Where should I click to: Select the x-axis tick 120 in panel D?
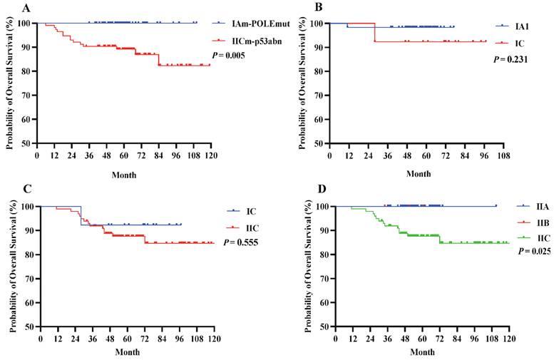click(x=508, y=339)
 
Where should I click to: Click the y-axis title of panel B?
click(x=305, y=82)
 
